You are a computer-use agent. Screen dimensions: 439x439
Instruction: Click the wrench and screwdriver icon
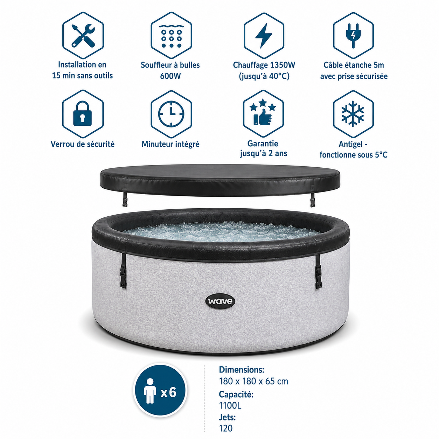[83, 36]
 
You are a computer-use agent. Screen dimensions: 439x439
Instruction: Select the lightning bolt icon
[264, 36]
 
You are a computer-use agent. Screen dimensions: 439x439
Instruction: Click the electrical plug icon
[353, 36]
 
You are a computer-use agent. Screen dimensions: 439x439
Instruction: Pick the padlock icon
[83, 114]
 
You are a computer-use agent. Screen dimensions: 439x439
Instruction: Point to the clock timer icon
[171, 114]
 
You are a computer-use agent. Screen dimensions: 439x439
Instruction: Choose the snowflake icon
[353, 114]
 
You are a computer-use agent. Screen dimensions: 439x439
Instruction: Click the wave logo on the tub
[220, 301]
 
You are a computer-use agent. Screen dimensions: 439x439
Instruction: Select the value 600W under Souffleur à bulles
[170, 76]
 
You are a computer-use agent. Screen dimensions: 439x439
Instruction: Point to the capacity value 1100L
[230, 405]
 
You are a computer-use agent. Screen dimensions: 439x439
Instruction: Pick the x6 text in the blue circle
[168, 392]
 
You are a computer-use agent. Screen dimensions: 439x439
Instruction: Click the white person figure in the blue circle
[150, 391]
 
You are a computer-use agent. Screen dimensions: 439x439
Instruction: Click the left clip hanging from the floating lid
[125, 200]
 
